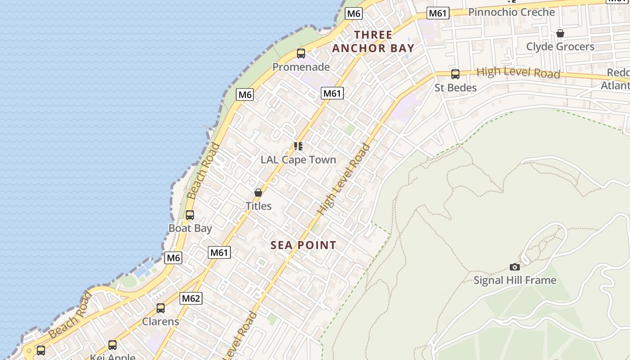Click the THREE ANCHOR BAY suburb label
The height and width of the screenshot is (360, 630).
373,41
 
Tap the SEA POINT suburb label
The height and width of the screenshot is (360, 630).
303,245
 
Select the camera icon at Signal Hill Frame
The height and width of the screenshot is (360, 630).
515,267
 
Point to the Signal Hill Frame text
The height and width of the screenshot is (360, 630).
515,280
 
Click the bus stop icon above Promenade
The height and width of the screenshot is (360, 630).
301,54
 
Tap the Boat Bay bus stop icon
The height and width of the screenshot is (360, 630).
190,215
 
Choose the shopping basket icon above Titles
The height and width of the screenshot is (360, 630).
258,193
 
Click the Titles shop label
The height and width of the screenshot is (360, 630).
258,206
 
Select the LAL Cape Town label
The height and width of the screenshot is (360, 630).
298,160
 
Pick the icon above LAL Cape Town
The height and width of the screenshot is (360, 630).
298,146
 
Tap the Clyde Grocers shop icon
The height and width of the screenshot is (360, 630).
560,33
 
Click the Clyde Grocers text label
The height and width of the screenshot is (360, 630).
560,47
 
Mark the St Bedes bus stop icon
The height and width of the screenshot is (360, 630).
455,74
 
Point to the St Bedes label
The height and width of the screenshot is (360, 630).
455,88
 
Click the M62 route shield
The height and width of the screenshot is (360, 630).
191,298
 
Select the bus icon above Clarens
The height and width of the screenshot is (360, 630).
161,308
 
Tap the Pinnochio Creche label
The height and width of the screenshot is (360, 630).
512,12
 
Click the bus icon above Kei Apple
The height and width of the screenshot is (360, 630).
112,345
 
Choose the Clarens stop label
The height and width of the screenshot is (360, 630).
161,322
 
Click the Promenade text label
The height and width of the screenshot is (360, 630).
301,67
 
